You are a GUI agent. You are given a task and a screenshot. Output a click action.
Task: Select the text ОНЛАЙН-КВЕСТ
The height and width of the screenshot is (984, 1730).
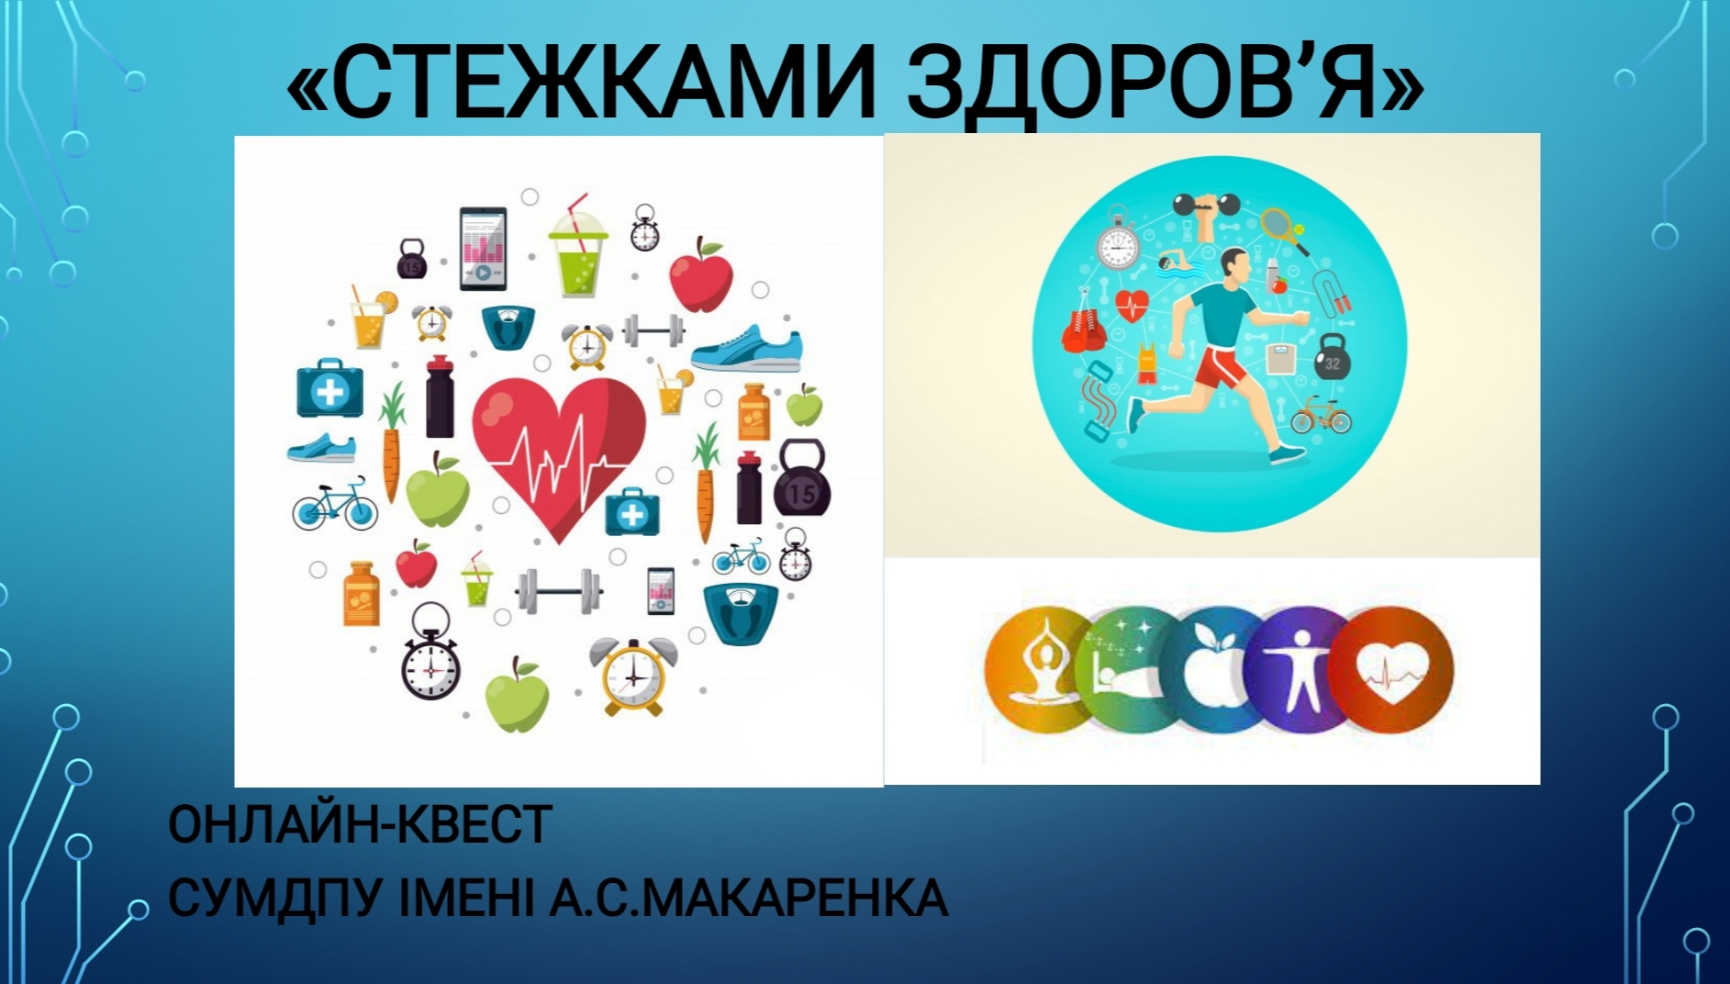point(360,823)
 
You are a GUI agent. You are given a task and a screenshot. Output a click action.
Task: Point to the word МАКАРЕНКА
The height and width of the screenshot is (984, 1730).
point(790,897)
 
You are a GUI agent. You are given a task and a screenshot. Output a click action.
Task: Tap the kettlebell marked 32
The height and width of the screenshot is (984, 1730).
point(1332,358)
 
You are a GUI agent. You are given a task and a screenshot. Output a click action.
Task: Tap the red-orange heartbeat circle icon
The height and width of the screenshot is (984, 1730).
point(1391,669)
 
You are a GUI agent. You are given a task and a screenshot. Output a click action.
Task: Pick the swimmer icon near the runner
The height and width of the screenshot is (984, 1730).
point(1180,263)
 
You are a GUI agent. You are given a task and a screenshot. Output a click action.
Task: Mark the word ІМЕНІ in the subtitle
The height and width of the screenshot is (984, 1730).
point(466,897)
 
